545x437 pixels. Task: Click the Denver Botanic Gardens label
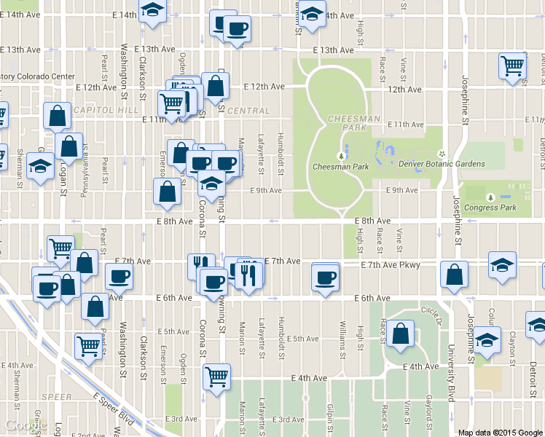[442, 164]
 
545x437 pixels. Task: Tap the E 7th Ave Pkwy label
[391, 265]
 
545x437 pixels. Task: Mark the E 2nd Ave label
[88, 435]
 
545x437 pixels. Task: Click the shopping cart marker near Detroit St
[513, 66]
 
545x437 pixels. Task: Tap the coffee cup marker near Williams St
[325, 277]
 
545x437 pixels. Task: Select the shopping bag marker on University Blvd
[455, 275]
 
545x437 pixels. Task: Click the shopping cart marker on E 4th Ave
[216, 377]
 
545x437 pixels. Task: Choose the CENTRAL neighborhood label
[248, 111]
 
